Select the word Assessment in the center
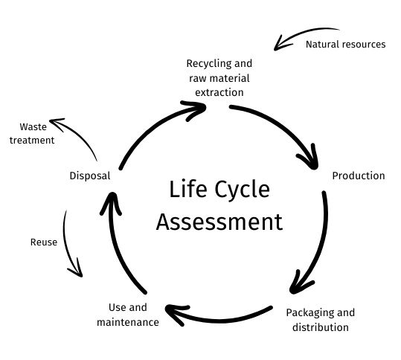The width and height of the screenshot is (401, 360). (219, 222)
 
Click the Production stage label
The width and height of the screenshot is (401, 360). (359, 176)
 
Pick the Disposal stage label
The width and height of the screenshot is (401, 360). (89, 176)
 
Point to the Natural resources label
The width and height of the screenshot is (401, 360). (345, 45)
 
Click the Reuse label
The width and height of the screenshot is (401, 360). (43, 242)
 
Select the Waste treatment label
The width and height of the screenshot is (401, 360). (32, 134)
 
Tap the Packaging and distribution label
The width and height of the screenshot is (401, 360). (321, 319)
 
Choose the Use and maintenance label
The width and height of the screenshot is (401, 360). (127, 315)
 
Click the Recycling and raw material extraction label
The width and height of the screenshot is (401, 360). (219, 78)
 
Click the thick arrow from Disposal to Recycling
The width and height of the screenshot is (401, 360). (153, 130)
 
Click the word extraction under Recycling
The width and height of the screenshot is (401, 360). (219, 93)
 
